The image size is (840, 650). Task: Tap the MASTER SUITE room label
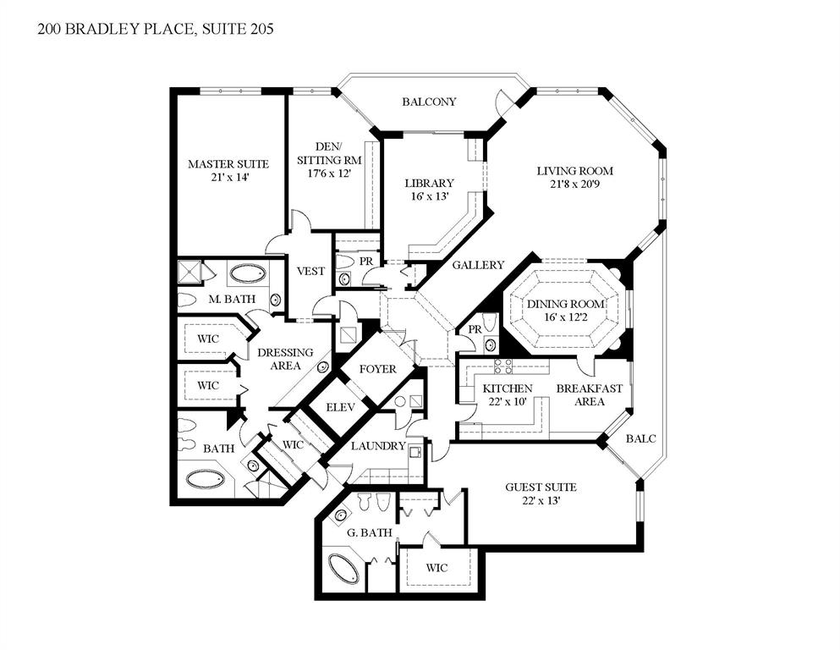point(228,163)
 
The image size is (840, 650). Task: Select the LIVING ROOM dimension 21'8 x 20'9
point(575,185)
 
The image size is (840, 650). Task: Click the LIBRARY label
point(429,183)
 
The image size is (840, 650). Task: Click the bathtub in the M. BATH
point(247,274)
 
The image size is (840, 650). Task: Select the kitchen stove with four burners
point(503,366)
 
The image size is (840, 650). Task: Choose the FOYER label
point(378,369)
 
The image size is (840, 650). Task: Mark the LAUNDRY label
point(378,446)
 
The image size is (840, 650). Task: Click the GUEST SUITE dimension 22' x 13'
point(541,500)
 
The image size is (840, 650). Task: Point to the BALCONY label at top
point(429,102)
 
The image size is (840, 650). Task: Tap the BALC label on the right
point(640,438)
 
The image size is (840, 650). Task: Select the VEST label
point(310,271)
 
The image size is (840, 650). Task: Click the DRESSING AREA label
point(285,359)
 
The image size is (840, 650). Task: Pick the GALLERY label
point(478,265)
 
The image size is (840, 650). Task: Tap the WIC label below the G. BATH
point(437,568)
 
